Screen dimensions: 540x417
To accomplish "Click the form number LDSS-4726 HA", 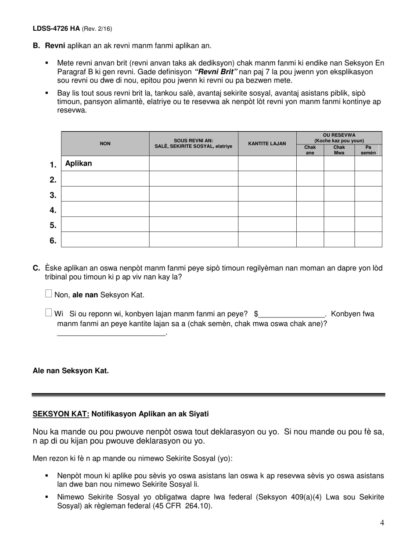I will click(56, 29).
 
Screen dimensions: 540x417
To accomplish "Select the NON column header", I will click(105, 144).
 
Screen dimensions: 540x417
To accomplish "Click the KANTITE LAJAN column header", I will click(267, 144).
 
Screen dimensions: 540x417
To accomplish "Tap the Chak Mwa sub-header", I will click(339, 150).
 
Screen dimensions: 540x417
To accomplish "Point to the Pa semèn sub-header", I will click(368, 150).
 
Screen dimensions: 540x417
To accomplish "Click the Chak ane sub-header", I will click(310, 150).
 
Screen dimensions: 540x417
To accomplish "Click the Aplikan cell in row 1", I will click(79, 163).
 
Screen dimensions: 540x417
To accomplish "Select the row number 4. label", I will click(53, 210).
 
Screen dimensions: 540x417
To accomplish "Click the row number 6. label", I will click(53, 241).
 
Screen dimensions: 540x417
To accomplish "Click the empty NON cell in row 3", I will click(105, 194).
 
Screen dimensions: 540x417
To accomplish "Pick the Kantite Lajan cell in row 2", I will click(267, 179).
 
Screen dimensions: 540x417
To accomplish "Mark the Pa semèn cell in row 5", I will click(368, 224).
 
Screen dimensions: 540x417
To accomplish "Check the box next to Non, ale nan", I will click(49, 294).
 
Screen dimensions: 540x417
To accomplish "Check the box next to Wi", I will click(49, 313).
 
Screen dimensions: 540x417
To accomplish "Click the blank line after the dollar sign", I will click(291, 314).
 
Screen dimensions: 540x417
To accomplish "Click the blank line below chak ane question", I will click(111, 334).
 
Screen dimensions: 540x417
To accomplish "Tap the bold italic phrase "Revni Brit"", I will click(216, 72).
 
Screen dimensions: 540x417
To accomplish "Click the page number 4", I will click(382, 522).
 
